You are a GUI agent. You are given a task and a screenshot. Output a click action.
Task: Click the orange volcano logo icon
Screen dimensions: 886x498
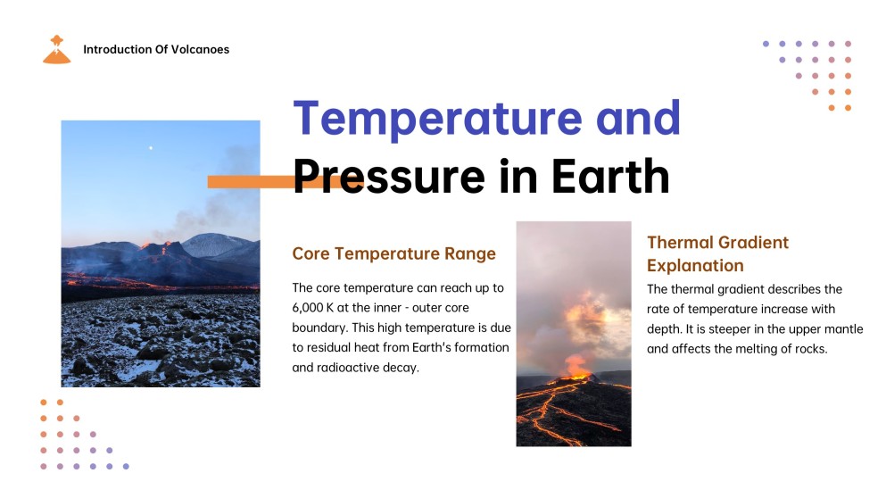[x=56, y=50]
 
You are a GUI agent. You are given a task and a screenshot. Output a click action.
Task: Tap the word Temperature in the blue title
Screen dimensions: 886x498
[x=438, y=119]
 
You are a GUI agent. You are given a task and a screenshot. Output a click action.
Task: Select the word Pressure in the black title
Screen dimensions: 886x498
[x=389, y=177]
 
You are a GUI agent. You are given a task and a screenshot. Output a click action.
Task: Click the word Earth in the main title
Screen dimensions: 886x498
[x=610, y=176]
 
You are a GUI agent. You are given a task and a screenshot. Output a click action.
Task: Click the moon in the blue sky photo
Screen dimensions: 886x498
[x=150, y=148]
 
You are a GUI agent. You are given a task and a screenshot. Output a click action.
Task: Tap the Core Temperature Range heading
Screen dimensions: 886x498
[x=393, y=253]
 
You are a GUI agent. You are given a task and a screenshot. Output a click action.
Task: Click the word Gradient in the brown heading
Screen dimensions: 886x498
[x=753, y=243]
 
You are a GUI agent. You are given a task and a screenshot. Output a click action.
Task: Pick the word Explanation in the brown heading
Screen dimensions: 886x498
[x=695, y=266]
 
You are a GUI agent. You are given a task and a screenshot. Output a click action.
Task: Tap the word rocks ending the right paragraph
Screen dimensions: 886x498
[x=811, y=349]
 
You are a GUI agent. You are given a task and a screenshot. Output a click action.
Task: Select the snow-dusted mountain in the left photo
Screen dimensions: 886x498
[x=217, y=246]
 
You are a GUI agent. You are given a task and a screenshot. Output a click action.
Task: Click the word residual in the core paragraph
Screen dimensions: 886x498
[x=327, y=348]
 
